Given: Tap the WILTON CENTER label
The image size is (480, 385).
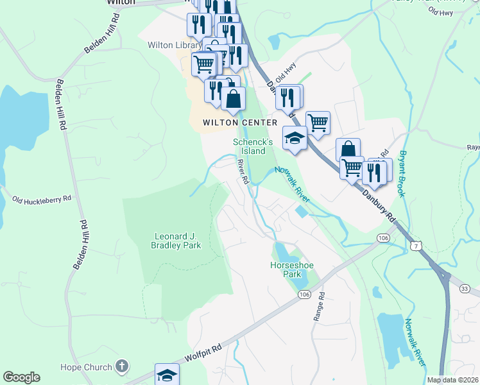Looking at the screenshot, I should click(240, 123).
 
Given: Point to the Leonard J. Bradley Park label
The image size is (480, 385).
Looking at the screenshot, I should click(176, 240).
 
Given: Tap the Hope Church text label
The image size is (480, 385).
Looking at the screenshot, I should click(86, 367).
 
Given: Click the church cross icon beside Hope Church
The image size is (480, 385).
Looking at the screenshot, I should click(121, 367).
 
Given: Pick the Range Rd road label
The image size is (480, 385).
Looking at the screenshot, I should click(321, 308).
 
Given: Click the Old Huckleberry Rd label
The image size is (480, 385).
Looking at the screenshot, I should click(41, 200).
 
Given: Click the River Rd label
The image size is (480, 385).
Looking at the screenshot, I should click(243, 172).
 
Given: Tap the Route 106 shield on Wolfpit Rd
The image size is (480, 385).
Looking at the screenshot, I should click(304, 294).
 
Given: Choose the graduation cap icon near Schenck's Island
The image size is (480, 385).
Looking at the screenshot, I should click(295, 138).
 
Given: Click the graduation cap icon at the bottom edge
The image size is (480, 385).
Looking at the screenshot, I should click(167, 375).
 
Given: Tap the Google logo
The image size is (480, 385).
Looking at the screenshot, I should click(21, 378).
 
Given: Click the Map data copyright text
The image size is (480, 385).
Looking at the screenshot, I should click(452, 380).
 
